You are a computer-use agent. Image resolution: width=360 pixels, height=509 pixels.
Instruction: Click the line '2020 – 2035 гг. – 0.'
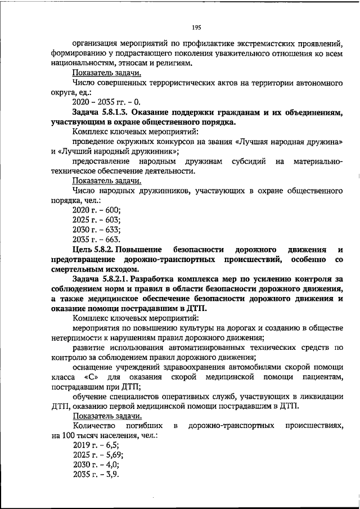[106, 103]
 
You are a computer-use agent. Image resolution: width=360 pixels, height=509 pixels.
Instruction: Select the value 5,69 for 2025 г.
[115, 455]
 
